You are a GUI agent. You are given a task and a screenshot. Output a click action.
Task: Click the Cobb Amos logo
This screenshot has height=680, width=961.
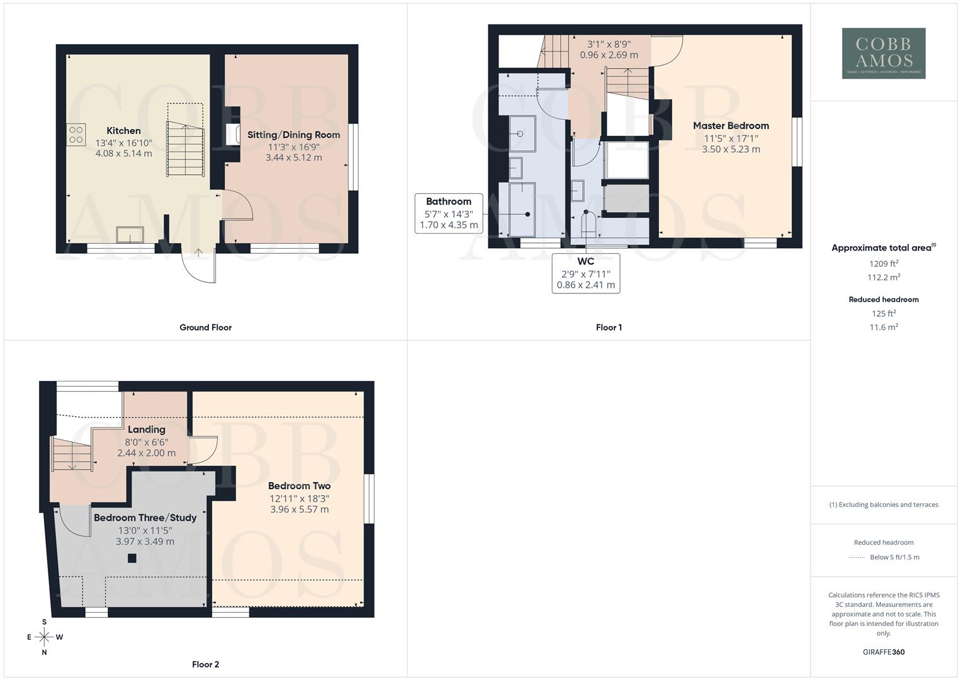[x=884, y=54]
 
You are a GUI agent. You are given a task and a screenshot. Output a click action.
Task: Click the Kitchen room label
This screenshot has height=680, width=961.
[x=123, y=131]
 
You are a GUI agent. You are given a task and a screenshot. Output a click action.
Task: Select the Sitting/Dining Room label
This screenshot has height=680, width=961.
[x=293, y=135]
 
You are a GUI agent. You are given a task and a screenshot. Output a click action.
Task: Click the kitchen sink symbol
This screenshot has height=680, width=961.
[x=130, y=235]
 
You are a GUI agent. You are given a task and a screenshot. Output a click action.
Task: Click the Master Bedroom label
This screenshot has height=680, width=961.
[x=731, y=126]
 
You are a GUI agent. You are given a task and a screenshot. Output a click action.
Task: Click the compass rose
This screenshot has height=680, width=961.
[x=44, y=637]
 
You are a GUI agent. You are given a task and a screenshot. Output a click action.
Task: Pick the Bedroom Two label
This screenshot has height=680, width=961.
[x=299, y=486]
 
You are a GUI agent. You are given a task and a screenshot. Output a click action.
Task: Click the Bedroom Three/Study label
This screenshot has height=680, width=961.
[x=145, y=518]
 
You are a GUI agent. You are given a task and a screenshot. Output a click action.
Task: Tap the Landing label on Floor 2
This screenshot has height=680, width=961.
[x=146, y=430]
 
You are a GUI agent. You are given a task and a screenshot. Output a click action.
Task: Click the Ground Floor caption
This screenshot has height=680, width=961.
[x=205, y=327]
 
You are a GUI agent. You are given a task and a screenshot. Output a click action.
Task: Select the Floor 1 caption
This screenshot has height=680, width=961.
[x=609, y=327]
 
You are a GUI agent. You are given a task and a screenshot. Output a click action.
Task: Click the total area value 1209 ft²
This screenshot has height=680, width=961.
[x=884, y=264]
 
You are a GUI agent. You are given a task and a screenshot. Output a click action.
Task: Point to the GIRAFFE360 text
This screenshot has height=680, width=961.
[x=884, y=652]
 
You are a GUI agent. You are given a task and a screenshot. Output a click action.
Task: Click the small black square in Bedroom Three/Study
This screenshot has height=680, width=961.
[x=132, y=558]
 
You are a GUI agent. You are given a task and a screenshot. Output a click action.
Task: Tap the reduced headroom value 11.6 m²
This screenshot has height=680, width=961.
[x=884, y=327]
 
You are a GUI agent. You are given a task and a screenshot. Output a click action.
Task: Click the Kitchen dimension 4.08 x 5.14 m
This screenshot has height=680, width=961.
[x=123, y=154]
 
